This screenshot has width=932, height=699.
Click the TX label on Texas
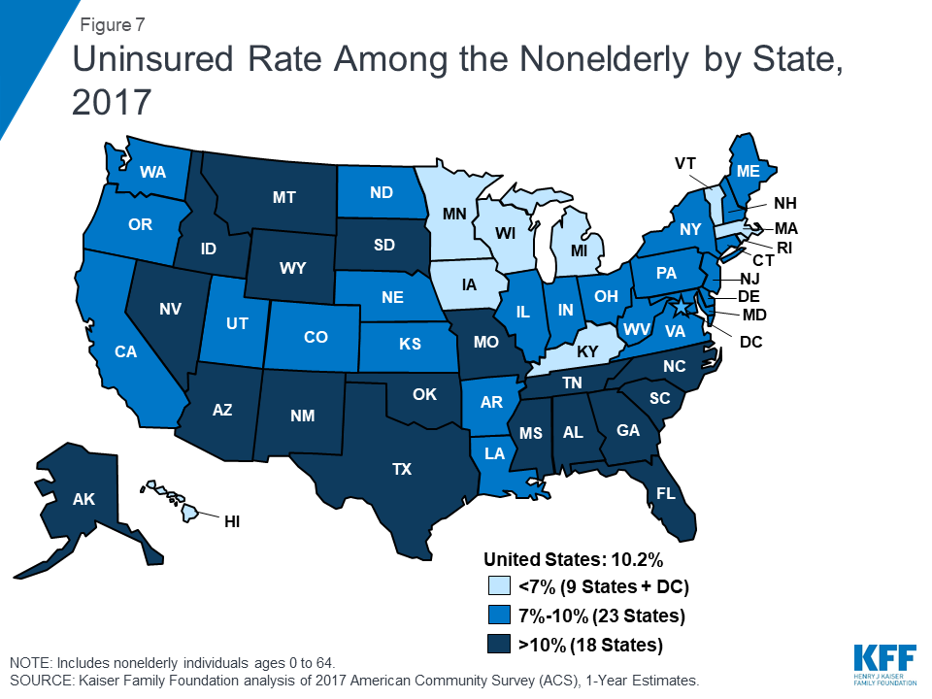pos(402,469)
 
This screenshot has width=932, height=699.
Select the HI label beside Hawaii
pos(232,521)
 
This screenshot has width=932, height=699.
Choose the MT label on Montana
pos(284,197)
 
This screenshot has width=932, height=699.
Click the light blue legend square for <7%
pos(496,586)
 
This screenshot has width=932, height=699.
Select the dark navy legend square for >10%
pos(496,643)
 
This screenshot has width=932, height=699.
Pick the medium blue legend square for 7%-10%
pos(496,615)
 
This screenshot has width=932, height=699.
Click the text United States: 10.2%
pos(573,559)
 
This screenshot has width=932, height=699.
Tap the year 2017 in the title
pos(114,100)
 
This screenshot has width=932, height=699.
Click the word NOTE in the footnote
pos(31,662)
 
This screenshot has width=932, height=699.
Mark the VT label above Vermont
pos(684,164)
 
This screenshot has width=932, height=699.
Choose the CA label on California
pos(126,351)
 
